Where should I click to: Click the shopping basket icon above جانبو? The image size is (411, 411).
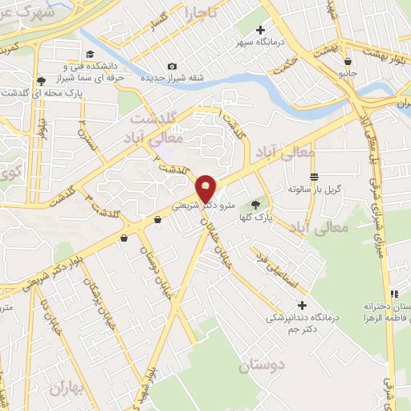point(347,59)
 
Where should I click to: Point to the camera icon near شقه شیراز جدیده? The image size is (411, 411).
point(171,66)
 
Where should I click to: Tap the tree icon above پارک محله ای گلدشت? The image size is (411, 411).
point(40,80)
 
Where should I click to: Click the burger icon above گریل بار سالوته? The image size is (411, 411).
point(314,177)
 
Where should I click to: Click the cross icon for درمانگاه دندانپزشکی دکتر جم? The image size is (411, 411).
point(302,305)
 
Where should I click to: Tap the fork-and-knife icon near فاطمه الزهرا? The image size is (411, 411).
point(393,295)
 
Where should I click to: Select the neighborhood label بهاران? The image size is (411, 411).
point(66,389)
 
